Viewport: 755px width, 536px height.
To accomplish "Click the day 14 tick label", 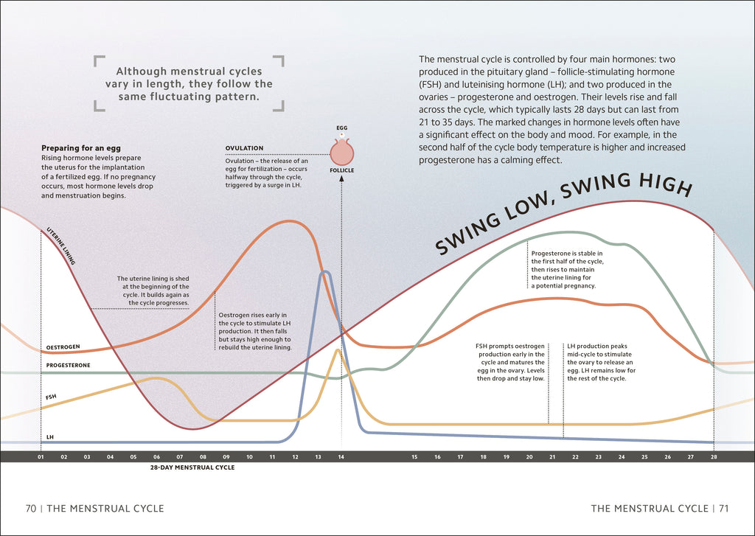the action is click(341, 457).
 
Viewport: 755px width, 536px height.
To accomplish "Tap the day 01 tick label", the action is click(41, 457).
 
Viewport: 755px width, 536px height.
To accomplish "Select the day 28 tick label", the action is click(714, 457).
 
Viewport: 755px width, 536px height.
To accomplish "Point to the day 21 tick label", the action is click(552, 457).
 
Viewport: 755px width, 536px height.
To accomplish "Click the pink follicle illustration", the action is click(342, 152).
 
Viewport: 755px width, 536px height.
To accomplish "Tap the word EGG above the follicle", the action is click(342, 128).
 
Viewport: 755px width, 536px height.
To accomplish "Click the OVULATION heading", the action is click(244, 148).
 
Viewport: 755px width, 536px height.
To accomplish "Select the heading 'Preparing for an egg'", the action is click(81, 148).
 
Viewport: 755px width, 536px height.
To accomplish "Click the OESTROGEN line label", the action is click(63, 347).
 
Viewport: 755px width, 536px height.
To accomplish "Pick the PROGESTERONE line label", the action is click(68, 366).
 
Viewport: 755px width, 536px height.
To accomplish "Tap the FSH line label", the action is click(51, 397).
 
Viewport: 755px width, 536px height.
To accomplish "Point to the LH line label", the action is click(50, 437).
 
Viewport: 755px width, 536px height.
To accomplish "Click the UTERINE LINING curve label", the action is click(60, 246).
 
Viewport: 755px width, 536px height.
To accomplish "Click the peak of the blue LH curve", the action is click(325, 272).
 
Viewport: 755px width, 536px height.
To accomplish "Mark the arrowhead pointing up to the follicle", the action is click(341, 178).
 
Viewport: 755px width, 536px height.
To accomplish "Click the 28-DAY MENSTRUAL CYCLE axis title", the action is click(192, 467).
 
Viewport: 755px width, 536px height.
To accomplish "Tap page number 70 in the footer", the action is click(31, 509).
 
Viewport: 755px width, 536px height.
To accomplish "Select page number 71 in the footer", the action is click(724, 509).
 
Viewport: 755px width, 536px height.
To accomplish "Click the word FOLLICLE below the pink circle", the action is click(342, 170).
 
